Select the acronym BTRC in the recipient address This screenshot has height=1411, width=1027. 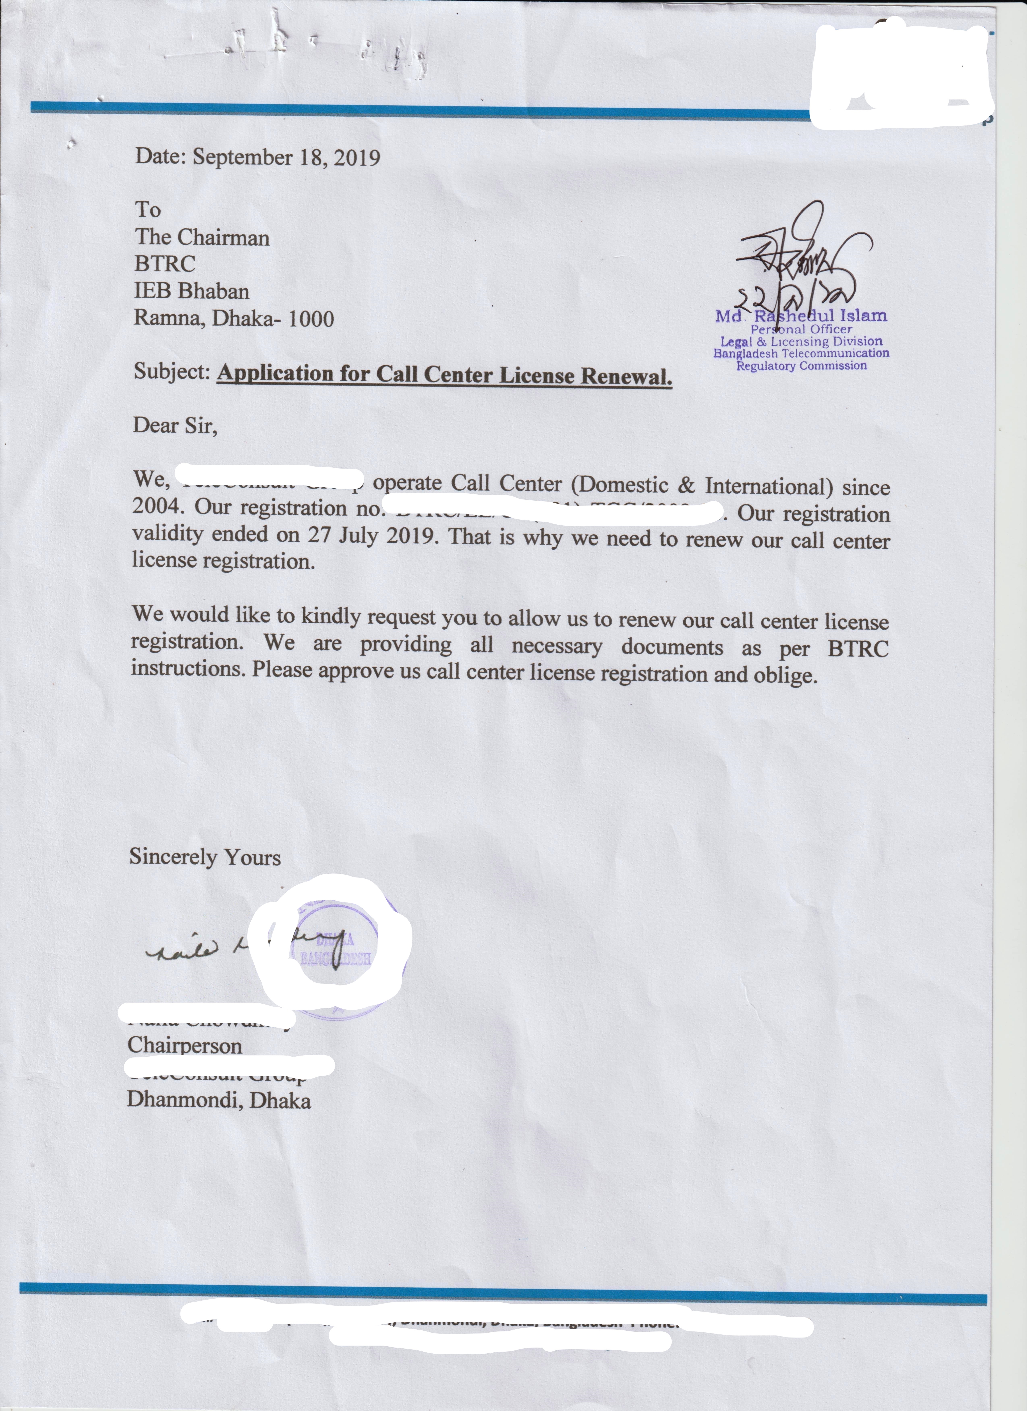click(165, 264)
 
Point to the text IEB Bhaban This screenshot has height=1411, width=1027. click(192, 291)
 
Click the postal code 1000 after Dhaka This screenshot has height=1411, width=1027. click(311, 319)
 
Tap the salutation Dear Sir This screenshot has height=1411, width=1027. click(175, 426)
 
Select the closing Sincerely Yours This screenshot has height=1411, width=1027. click(205, 857)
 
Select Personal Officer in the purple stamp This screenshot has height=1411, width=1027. click(801, 329)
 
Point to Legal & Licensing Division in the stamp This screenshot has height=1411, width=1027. click(801, 341)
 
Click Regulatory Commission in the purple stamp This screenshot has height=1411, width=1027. click(801, 365)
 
